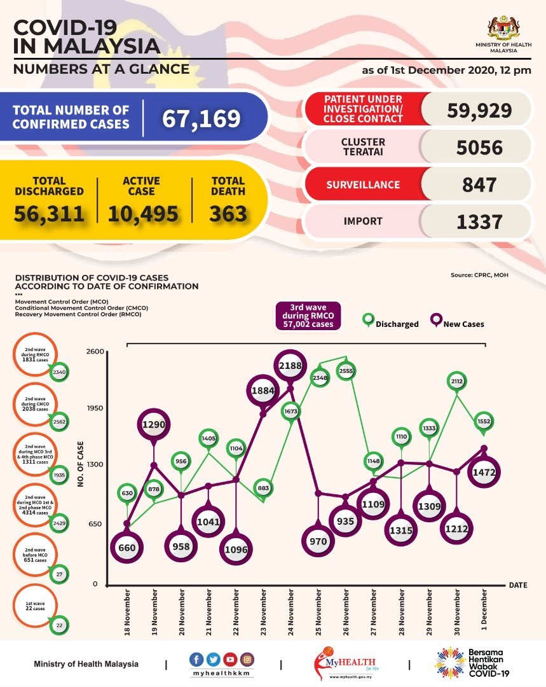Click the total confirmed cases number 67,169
pos(201,118)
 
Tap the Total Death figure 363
pos(228,214)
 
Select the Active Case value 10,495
pos(143,214)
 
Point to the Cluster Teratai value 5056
pos(479,148)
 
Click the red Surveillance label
pos(363,184)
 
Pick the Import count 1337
pos(479,221)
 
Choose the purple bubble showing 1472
pos(484,472)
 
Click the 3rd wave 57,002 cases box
pos(308,315)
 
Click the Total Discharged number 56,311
pos(49,214)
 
